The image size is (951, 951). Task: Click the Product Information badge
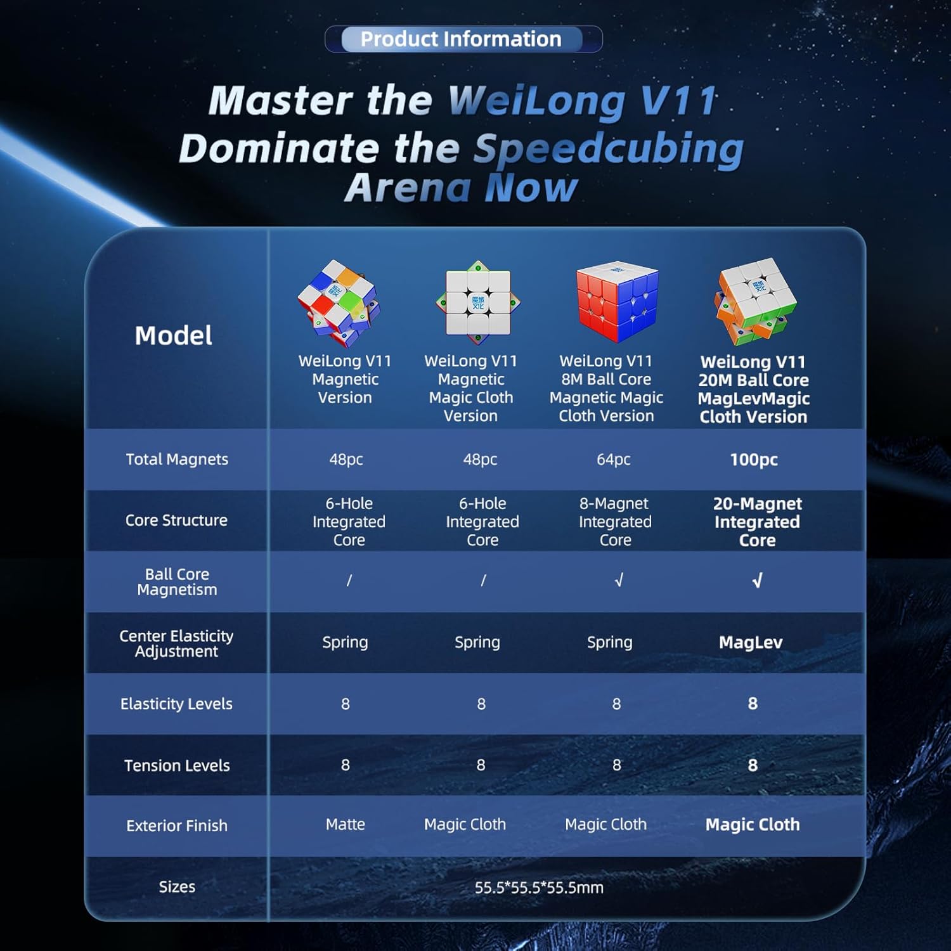(463, 39)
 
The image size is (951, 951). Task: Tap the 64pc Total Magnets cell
(614, 460)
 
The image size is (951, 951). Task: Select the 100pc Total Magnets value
(754, 460)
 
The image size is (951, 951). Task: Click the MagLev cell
(751, 642)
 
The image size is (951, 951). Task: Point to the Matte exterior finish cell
(346, 824)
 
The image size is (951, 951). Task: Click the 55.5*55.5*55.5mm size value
(539, 888)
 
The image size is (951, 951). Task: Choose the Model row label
(173, 335)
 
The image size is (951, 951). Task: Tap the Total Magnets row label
(177, 460)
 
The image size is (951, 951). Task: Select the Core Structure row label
(176, 521)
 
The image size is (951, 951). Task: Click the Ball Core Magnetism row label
(177, 582)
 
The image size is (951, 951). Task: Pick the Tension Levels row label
(177, 766)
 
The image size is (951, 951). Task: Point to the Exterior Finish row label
(177, 825)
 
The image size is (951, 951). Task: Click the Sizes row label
(177, 887)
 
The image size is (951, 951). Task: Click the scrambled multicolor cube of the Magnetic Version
(339, 302)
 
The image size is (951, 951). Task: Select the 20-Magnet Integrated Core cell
(757, 522)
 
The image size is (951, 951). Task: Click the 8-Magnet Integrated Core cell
(615, 522)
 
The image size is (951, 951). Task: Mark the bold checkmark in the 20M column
(757, 581)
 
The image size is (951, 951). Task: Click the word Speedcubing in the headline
(609, 150)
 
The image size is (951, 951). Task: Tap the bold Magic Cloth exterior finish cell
(753, 825)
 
